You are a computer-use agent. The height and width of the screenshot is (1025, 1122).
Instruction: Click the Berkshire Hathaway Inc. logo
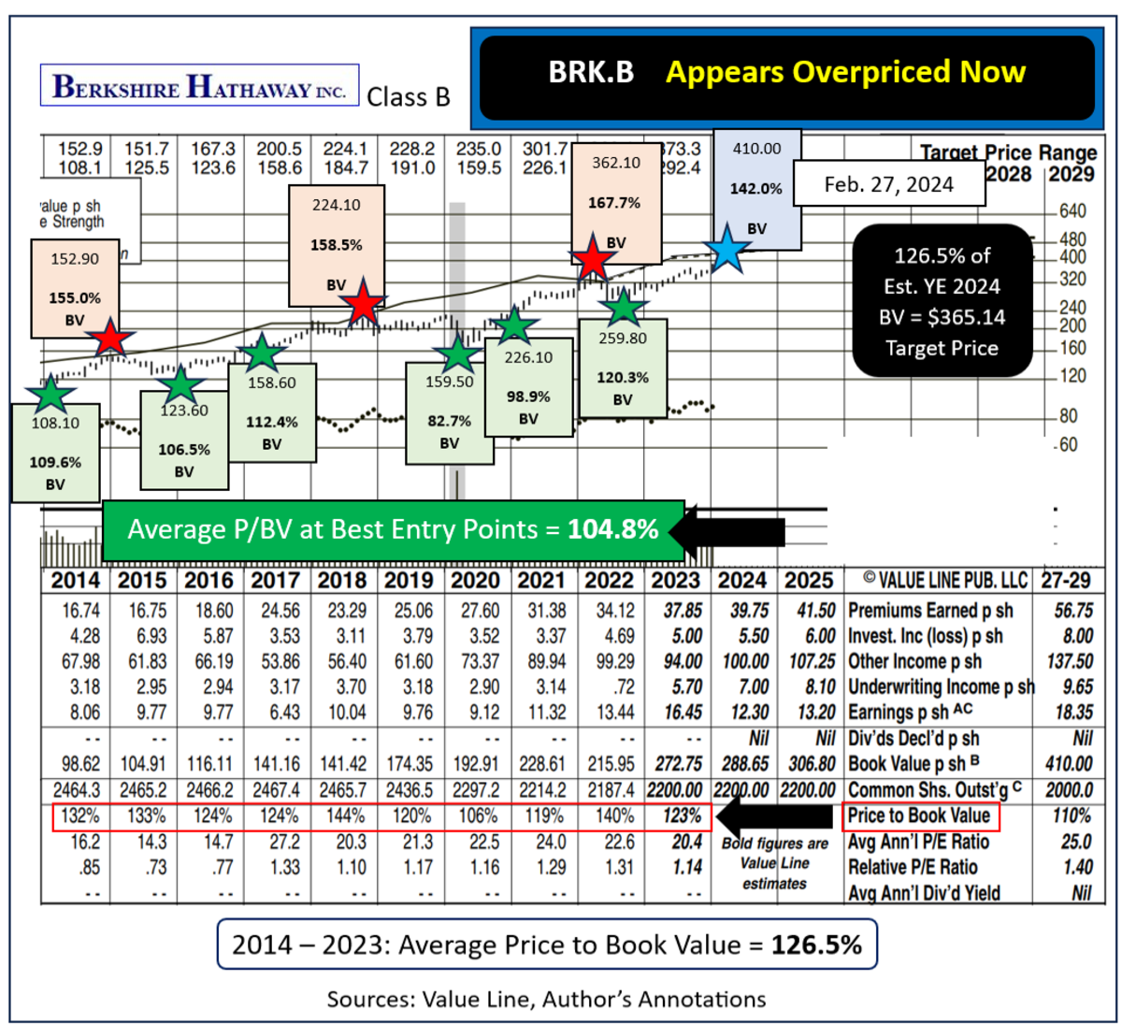coord(199,86)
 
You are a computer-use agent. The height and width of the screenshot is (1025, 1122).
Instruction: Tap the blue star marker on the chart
coord(727,249)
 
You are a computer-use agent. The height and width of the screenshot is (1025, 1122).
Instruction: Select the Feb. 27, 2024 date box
coord(888,183)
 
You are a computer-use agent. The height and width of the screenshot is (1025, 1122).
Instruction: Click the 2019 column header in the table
coord(409,580)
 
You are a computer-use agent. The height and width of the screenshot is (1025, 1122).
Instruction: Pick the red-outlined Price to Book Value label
coord(920,816)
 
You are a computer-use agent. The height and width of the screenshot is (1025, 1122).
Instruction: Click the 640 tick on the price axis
coord(1072,211)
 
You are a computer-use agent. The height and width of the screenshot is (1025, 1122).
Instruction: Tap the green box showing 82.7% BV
coord(450,412)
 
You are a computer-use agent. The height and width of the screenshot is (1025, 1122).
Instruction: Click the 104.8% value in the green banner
coord(613,529)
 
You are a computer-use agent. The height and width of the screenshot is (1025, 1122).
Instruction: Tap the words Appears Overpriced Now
coord(845,72)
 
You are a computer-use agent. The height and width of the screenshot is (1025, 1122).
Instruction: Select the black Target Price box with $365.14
coord(942,301)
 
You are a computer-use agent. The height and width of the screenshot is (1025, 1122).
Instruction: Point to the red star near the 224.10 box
coord(362,305)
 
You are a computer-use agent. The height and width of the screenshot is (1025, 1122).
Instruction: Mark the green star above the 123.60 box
coord(180,384)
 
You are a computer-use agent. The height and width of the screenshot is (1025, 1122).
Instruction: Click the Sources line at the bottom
coord(546,999)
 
